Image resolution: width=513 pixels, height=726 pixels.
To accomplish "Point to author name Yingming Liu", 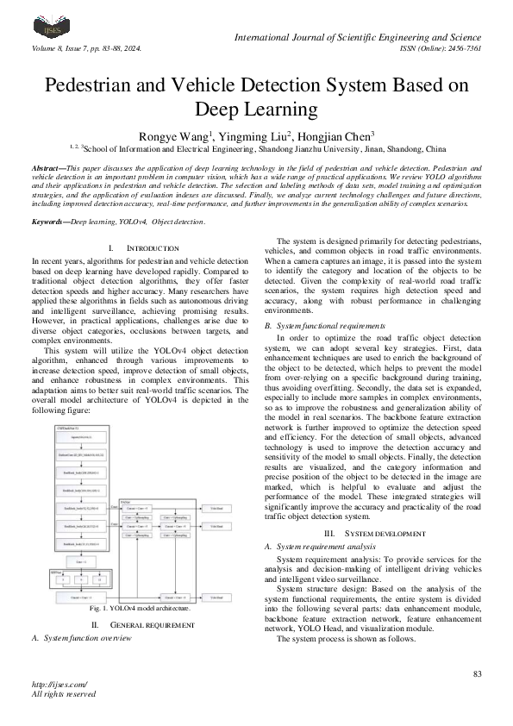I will pos(254,135).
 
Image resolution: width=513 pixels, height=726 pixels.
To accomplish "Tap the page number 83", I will pos(478,673).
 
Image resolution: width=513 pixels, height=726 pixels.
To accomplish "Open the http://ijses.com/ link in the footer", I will pos(59,685).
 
